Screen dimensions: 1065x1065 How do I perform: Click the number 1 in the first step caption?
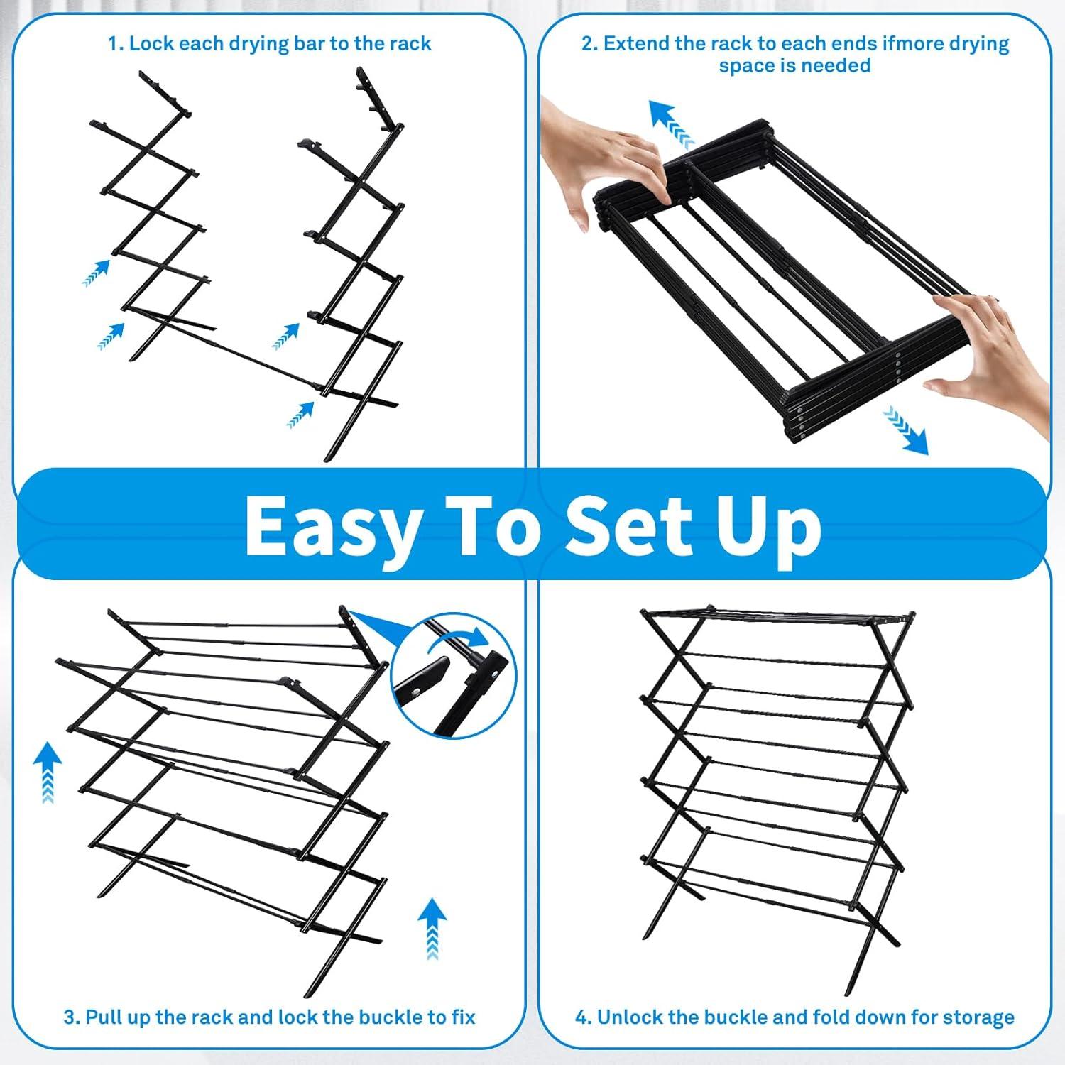click(113, 44)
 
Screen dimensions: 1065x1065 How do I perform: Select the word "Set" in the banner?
click(624, 525)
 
